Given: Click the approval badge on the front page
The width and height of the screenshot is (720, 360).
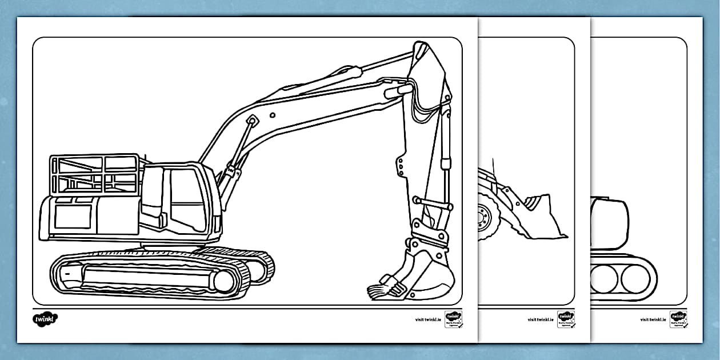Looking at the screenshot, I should [453, 319].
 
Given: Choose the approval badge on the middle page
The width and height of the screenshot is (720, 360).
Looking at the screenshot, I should [566, 319].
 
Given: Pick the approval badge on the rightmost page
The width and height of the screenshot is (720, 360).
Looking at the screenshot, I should [678, 319].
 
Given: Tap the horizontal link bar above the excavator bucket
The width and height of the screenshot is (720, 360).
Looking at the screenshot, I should [433, 203].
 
